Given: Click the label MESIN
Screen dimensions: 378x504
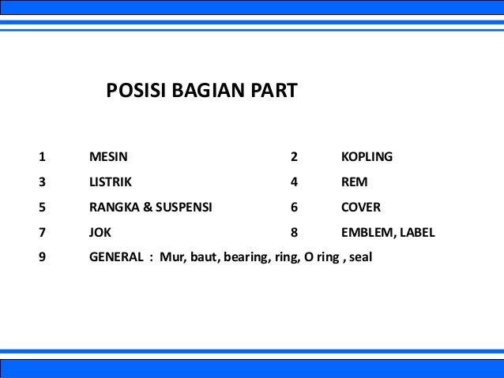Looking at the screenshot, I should pyautogui.click(x=108, y=156).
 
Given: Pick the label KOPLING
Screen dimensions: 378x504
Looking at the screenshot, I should pyautogui.click(x=367, y=156).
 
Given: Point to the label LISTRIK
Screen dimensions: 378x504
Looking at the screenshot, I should pyautogui.click(x=111, y=182).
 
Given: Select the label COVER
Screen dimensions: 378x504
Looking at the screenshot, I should pyautogui.click(x=361, y=208).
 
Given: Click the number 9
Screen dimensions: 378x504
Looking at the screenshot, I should pyautogui.click(x=42, y=257).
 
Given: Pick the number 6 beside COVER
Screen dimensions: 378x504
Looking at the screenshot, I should pyautogui.click(x=294, y=208).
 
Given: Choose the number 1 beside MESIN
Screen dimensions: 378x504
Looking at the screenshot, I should pyautogui.click(x=42, y=156).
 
